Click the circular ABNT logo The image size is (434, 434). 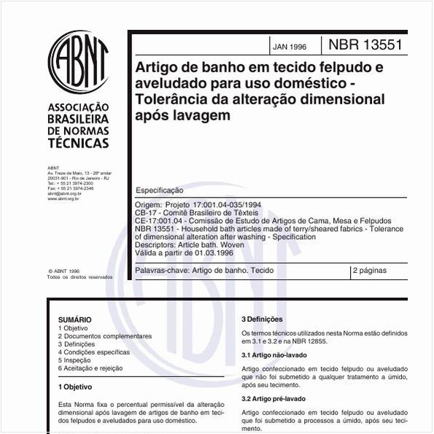pos(78,62)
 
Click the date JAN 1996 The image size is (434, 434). pos(290,46)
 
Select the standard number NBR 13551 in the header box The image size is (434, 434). pos(365,45)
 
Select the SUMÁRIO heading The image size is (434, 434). pos(74,319)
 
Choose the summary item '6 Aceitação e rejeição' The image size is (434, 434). pos(90,368)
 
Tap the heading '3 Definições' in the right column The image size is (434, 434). pos(262,319)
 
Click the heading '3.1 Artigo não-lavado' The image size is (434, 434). pos(274,354)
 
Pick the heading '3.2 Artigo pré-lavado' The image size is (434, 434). pos(274,398)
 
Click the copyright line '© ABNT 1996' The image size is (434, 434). pos(63,270)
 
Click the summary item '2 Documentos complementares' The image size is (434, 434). pos(105,336)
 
